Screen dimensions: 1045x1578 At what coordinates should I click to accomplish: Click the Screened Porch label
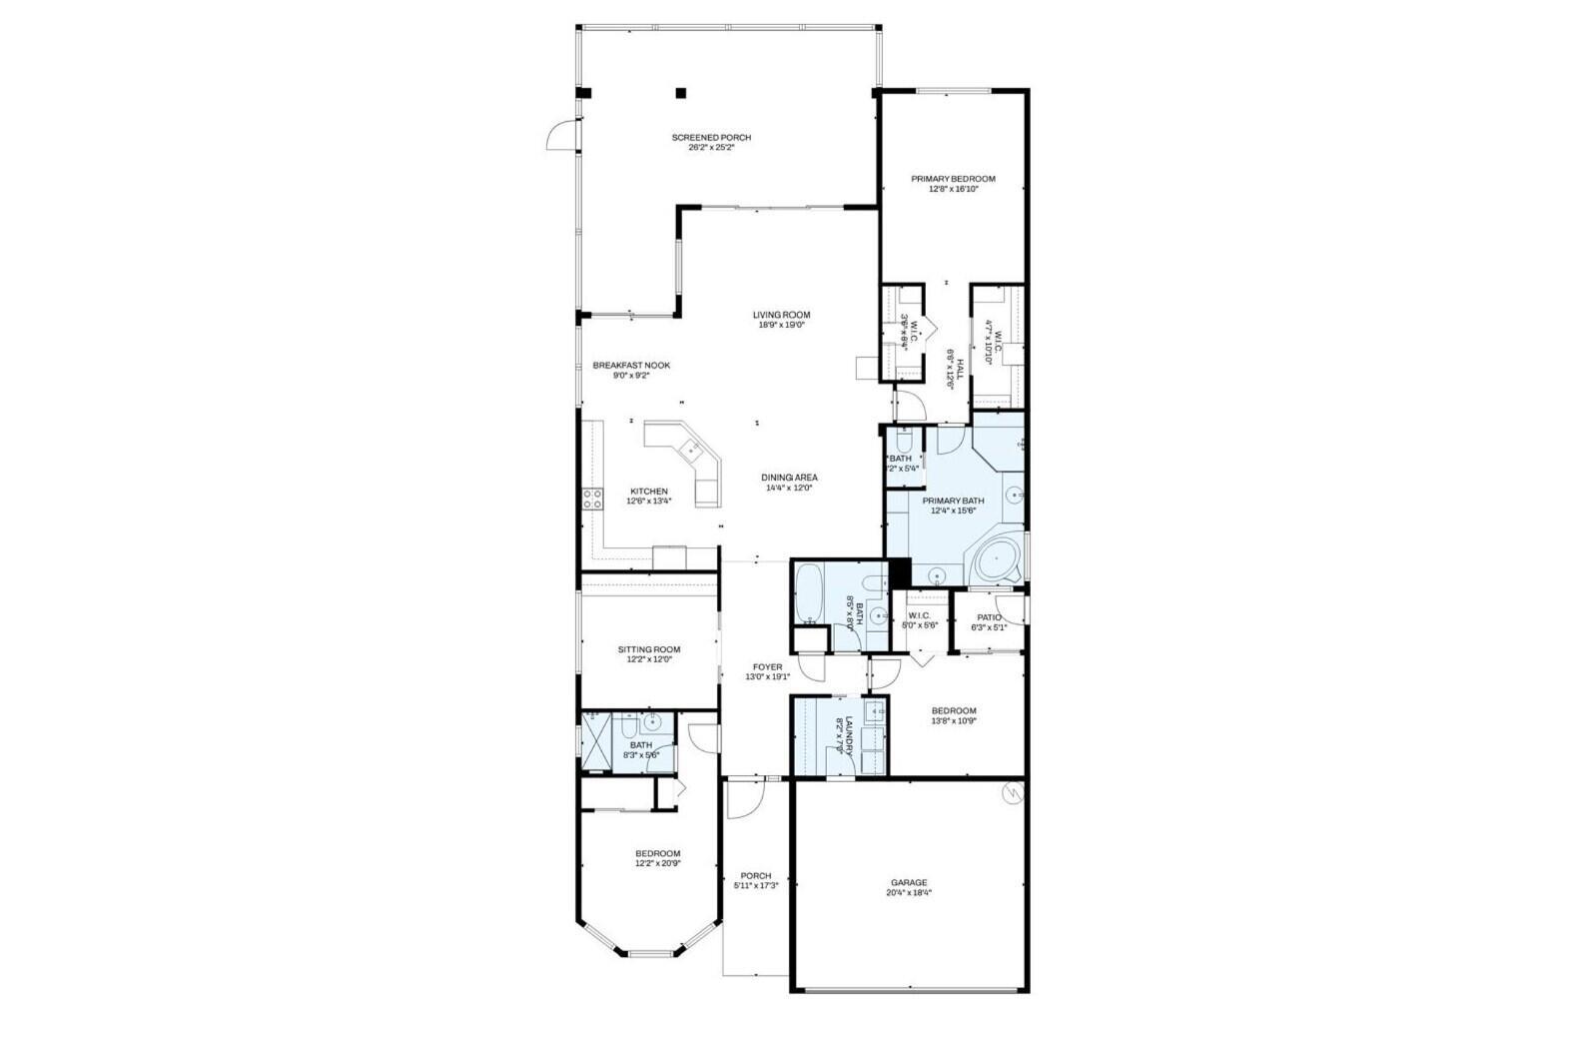click(x=710, y=137)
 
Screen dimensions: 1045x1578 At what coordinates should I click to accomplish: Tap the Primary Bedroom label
click(x=952, y=179)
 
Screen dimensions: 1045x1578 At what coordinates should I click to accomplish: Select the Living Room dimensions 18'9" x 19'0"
click(x=781, y=325)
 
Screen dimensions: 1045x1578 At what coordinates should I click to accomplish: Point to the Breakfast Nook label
click(x=631, y=365)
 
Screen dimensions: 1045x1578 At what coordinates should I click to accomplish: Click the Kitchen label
click(x=648, y=491)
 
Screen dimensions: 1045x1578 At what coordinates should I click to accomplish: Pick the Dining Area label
click(x=790, y=478)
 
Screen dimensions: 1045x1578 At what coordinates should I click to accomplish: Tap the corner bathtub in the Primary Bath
click(x=994, y=561)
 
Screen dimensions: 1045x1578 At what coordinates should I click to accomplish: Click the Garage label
click(x=909, y=882)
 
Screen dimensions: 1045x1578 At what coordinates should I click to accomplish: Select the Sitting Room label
click(x=648, y=649)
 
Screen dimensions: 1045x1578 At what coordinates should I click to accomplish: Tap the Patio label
click(x=989, y=617)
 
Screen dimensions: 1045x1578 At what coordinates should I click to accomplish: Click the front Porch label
click(x=755, y=875)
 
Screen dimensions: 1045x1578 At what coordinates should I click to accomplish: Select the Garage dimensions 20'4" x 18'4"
click(x=909, y=893)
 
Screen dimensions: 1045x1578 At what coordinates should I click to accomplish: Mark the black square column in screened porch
click(x=681, y=93)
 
